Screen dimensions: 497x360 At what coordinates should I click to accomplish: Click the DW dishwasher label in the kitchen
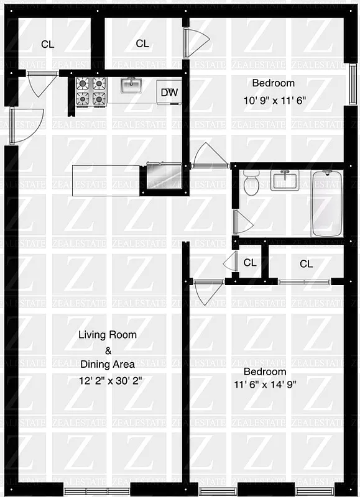coord(169,93)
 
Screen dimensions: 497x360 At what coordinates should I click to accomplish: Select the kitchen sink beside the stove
coord(131,86)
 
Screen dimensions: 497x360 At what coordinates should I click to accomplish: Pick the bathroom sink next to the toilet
coord(285,181)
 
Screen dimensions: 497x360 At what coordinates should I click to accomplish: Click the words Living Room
coord(107,334)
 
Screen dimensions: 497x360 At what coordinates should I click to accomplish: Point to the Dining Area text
coord(107,365)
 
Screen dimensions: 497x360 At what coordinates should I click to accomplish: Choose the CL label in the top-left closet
coord(47,44)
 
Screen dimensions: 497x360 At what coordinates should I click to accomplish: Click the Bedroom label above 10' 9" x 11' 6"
coord(273,83)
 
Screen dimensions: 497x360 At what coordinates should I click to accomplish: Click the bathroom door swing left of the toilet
coord(242,221)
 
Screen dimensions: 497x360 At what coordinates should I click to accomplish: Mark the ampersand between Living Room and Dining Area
coord(107,350)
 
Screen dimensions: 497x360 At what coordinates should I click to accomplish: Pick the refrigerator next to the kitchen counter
coord(164,177)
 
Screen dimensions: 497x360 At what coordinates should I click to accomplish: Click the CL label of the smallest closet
coord(250,263)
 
